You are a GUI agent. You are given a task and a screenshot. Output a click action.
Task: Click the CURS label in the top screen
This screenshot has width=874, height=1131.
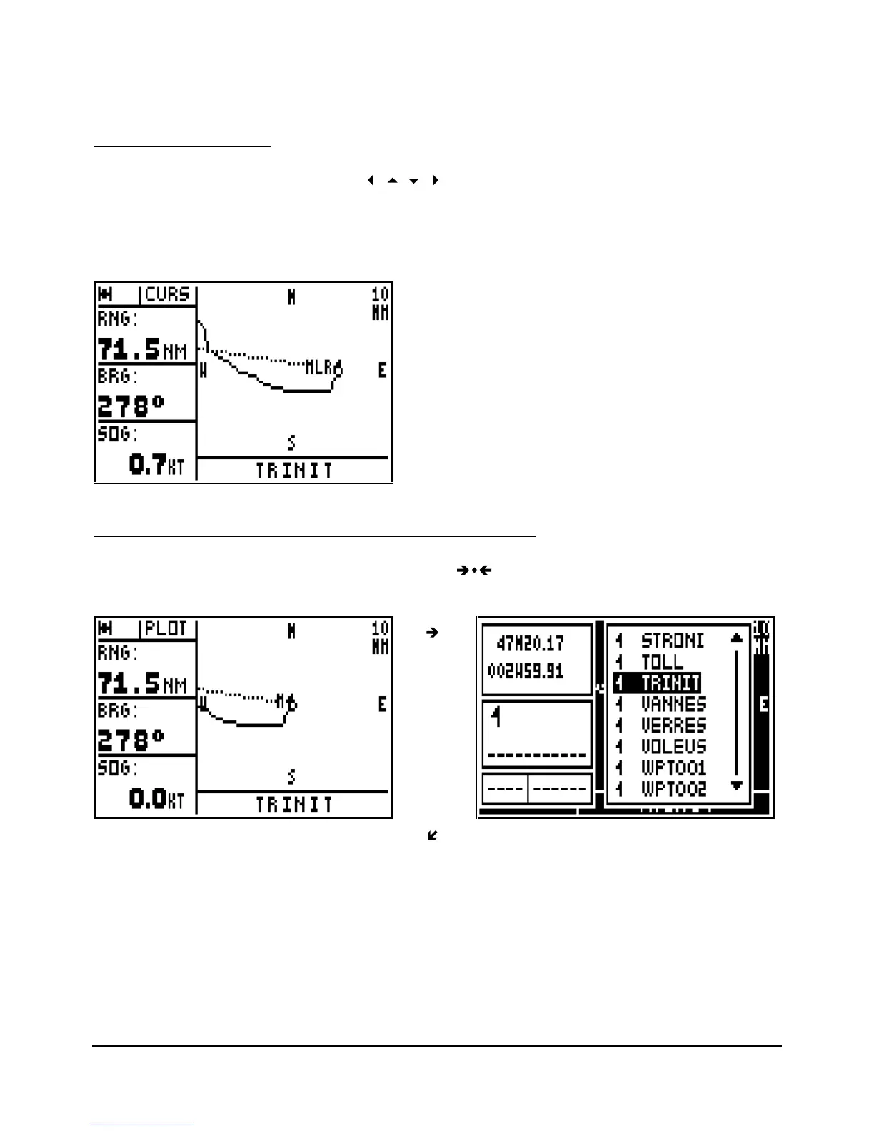[168, 295]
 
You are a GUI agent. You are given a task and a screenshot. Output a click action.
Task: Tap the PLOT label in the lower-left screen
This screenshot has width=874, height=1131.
[166, 629]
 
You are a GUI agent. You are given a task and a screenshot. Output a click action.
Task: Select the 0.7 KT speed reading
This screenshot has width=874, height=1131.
[156, 465]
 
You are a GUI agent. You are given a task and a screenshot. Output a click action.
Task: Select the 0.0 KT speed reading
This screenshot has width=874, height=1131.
[156, 798]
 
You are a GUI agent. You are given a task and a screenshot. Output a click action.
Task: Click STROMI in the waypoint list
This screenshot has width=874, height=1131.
[672, 640]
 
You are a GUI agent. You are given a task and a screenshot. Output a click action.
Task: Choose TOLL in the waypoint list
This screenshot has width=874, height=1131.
[662, 662]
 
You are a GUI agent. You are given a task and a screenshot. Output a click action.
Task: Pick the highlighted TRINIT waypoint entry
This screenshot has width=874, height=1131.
[670, 683]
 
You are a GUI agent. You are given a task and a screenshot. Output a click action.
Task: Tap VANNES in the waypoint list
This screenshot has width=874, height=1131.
[673, 704]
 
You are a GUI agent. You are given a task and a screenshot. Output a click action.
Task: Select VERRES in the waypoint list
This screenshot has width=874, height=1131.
[673, 725]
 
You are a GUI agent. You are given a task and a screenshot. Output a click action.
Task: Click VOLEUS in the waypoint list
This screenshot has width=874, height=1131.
[673, 747]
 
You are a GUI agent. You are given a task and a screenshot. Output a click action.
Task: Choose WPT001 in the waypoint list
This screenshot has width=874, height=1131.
[673, 768]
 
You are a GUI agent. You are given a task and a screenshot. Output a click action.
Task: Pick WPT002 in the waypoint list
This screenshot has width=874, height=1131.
[673, 789]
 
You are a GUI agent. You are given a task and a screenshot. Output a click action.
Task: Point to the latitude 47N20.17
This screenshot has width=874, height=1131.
[530, 643]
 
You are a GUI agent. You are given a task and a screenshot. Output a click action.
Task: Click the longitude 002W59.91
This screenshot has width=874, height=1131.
[526, 671]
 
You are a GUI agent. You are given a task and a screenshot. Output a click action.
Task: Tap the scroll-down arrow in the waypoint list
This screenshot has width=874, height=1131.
[738, 786]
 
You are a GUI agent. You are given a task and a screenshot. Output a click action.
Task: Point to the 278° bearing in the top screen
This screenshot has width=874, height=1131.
[131, 406]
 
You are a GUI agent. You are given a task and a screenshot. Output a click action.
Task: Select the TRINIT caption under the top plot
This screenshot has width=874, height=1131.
[294, 471]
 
